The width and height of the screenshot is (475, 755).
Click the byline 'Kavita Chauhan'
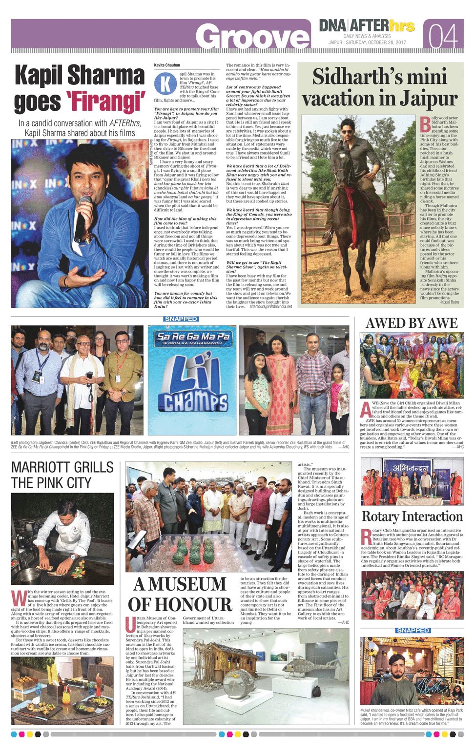coord(167,65)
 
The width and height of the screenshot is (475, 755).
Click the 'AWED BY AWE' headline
coord(412,323)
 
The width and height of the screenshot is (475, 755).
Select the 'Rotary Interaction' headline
coord(412,517)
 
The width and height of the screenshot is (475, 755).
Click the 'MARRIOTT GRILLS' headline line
coord(62,467)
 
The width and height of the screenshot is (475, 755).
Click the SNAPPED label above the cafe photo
coord(413,631)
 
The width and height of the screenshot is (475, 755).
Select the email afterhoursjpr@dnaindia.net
coord(270,306)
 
